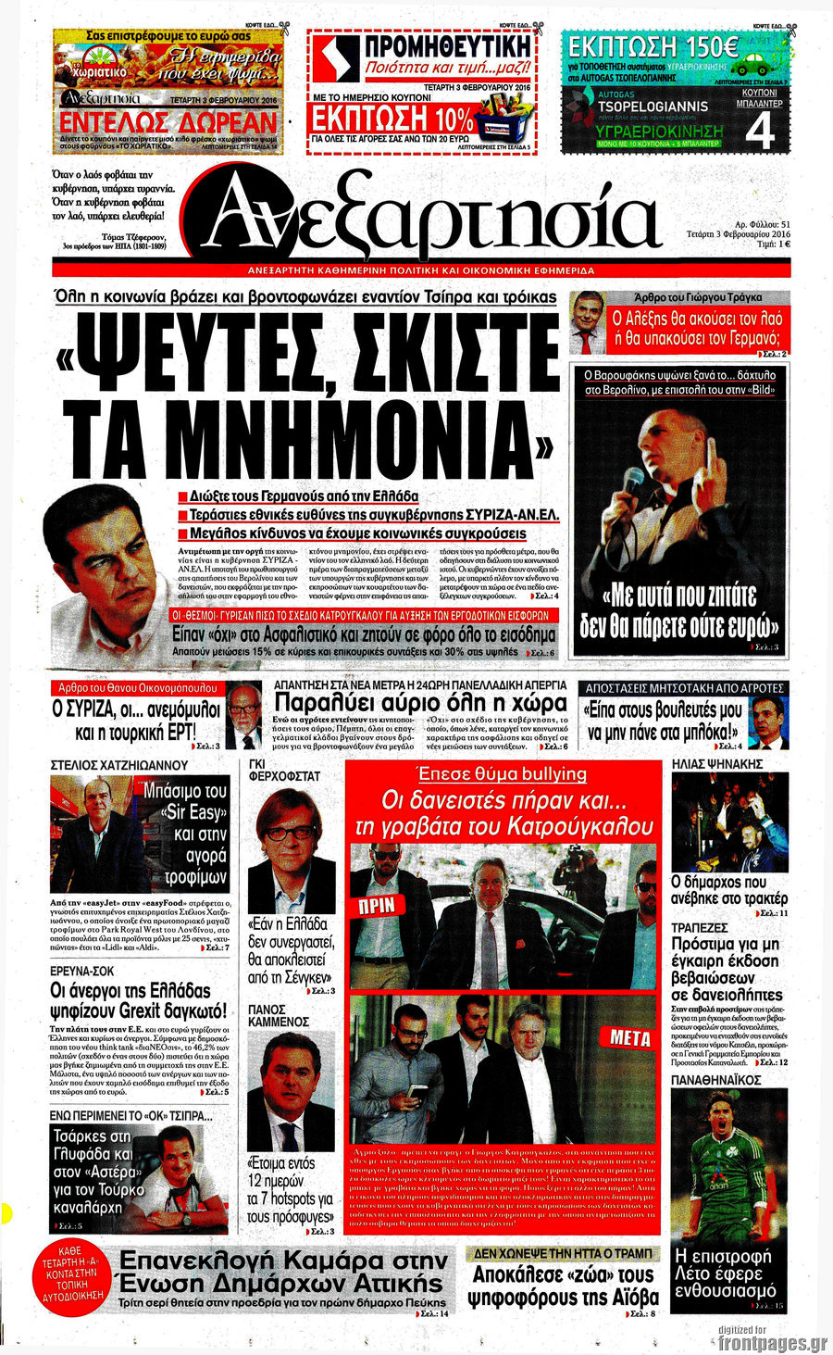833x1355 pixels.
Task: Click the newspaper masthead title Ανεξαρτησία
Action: click(x=430, y=216)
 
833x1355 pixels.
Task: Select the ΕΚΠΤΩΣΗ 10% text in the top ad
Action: click(x=392, y=119)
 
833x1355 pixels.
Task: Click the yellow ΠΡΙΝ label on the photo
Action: click(x=377, y=905)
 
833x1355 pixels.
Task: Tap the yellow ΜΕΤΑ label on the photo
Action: click(x=630, y=1037)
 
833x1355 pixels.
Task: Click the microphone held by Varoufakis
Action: click(x=633, y=483)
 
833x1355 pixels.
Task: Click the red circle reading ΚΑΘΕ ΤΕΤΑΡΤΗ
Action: click(x=71, y=1277)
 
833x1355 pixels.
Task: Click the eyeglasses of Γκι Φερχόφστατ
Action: click(x=290, y=833)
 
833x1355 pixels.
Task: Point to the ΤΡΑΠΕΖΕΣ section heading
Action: click(x=699, y=927)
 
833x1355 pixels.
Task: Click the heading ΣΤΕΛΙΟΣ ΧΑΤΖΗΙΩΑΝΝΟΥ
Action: click(x=119, y=765)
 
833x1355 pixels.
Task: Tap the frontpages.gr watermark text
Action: click(x=772, y=1342)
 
